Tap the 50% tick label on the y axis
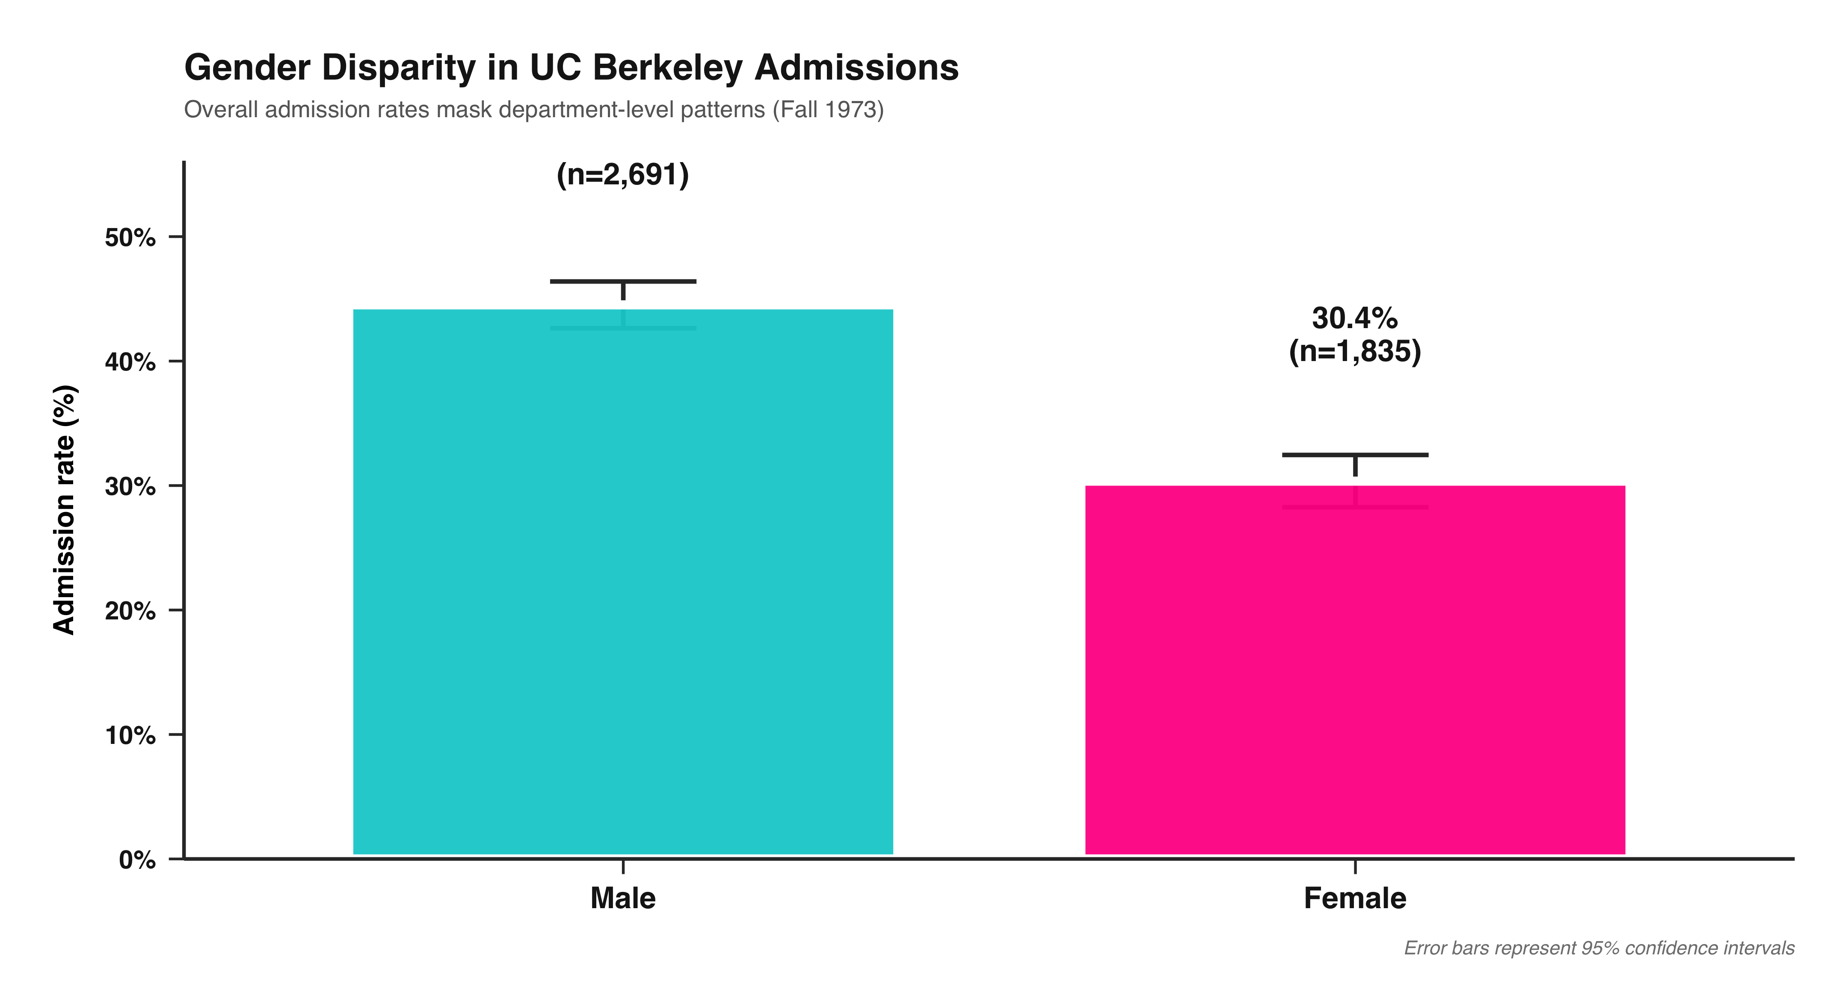click(x=130, y=237)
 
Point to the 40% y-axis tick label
click(x=130, y=361)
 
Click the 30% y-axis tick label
click(x=130, y=486)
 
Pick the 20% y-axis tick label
click(x=130, y=610)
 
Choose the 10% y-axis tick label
click(x=130, y=735)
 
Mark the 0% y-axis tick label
click(x=137, y=860)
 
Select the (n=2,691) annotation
click(x=623, y=175)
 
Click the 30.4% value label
click(x=1354, y=318)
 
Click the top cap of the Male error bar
click(x=623, y=281)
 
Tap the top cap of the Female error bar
click(x=1354, y=455)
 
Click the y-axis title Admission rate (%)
click(x=65, y=509)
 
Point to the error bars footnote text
click(x=1598, y=948)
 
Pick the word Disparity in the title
click(x=398, y=68)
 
